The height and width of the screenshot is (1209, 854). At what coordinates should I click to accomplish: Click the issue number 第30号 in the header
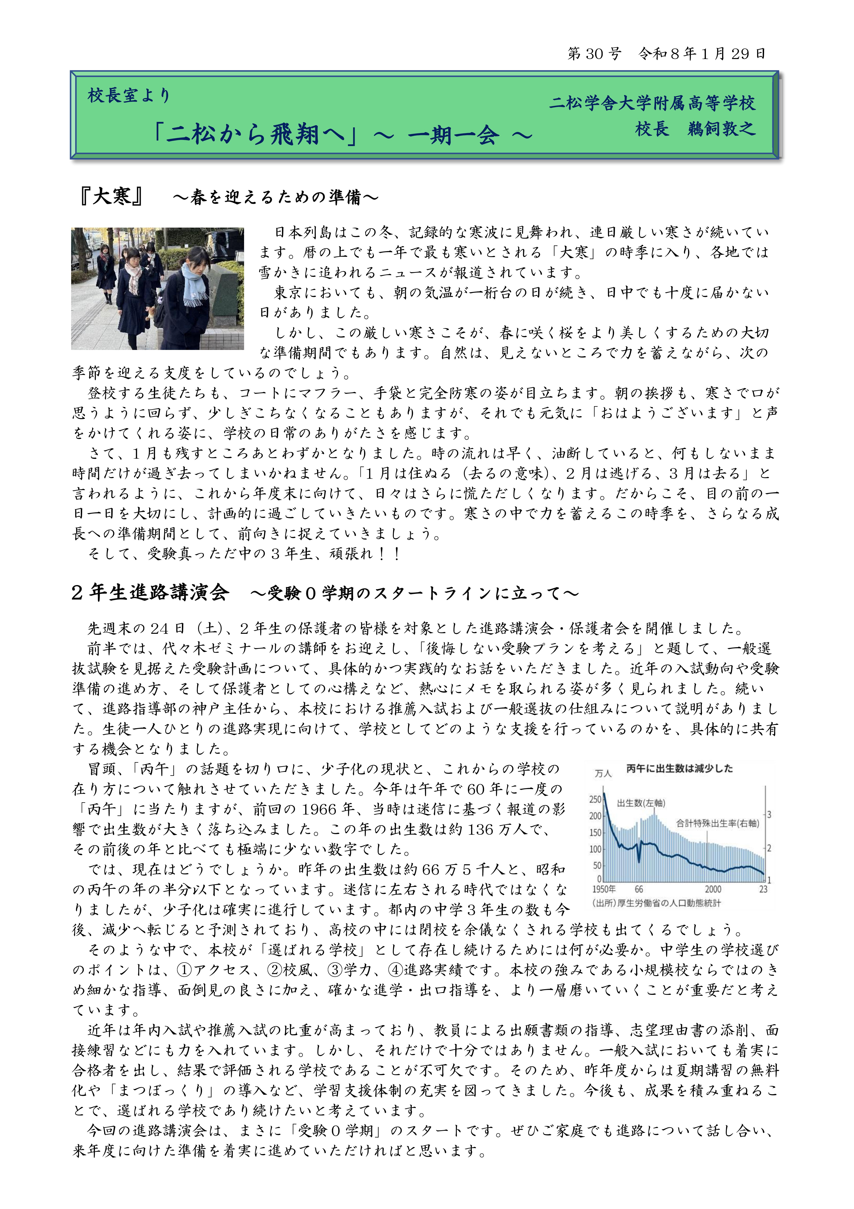coord(594,54)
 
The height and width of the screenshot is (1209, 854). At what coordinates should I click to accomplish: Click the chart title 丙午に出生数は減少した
coord(679,769)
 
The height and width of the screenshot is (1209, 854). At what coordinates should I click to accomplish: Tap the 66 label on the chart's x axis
coord(639,889)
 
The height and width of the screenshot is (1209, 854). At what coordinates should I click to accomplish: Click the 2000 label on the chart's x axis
coord(713,889)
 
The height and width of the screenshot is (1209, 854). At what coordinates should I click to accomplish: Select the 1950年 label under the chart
coord(604,889)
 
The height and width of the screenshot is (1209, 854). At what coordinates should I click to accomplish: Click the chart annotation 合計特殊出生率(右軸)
coord(718,823)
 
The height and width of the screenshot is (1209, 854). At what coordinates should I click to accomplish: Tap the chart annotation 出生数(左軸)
coord(641,804)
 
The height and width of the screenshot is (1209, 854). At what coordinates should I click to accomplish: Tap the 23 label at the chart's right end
coord(763,889)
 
